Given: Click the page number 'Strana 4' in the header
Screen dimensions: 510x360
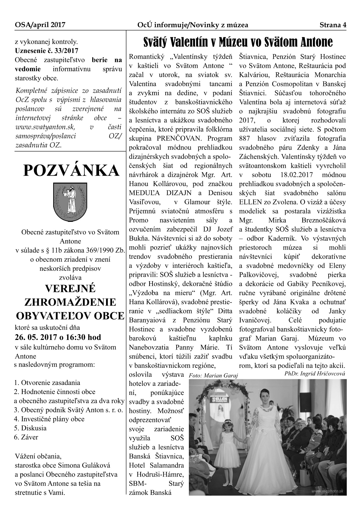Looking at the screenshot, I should click(x=333, y=25).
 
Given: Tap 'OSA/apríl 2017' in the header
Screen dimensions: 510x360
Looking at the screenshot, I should click(x=40, y=25).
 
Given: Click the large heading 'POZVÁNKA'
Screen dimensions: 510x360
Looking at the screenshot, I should click(x=71, y=171).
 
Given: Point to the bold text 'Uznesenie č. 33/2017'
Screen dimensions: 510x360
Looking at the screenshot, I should click(x=46, y=51).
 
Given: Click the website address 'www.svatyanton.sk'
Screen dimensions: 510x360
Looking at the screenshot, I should click(x=45, y=127).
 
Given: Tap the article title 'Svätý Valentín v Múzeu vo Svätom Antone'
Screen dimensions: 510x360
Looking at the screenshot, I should click(x=238, y=42).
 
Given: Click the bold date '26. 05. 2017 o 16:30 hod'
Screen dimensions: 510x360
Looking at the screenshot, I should click(x=58, y=337).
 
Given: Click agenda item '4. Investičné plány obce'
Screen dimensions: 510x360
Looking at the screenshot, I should click(x=49, y=419).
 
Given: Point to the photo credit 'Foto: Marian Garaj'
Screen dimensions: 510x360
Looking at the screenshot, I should click(x=213, y=376).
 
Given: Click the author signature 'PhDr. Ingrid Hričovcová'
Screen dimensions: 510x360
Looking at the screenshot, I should click(x=315, y=374).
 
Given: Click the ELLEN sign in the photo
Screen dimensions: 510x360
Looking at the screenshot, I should click(x=223, y=399).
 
